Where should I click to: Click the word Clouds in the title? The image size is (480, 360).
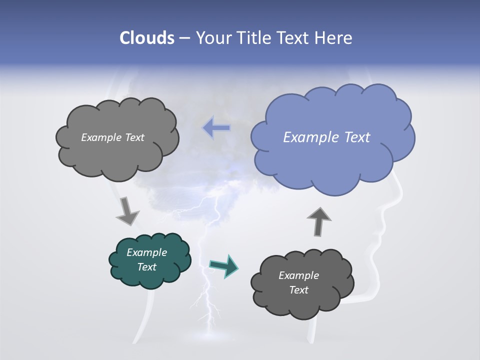tap(147, 38)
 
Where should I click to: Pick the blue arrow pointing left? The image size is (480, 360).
tap(216, 128)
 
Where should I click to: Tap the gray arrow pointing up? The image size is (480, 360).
tap(319, 221)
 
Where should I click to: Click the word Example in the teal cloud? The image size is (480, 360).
tap(147, 252)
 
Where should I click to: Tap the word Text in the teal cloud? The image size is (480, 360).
tap(147, 267)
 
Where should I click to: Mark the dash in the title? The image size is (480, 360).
tap(184, 38)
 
